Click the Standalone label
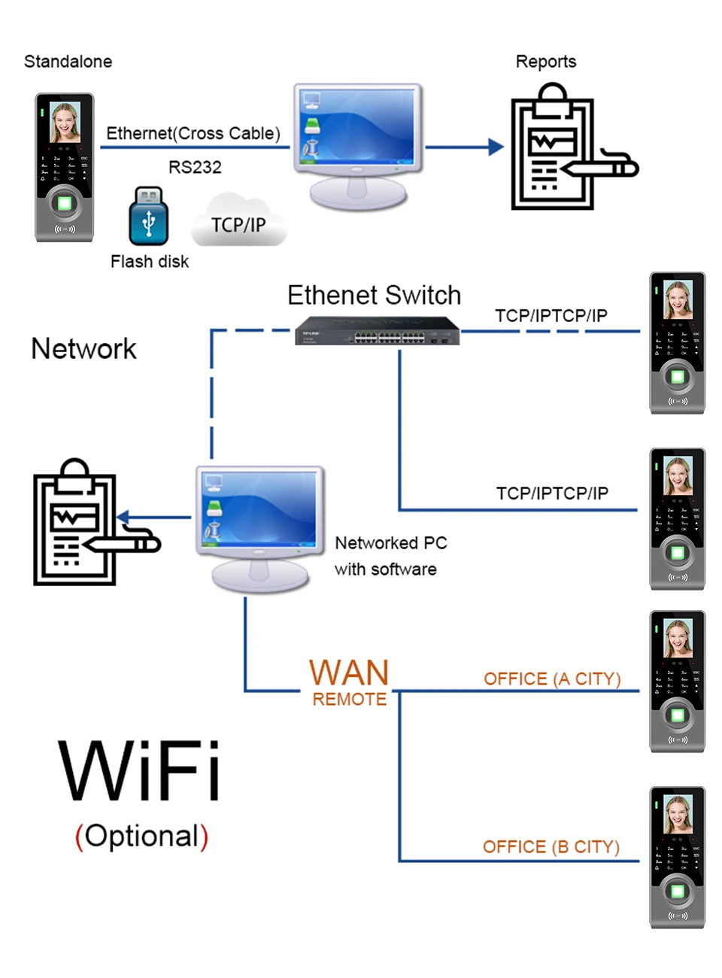click(x=68, y=62)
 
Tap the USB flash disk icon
click(x=148, y=217)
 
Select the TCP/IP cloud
click(x=238, y=221)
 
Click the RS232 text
click(x=195, y=167)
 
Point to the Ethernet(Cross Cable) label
click(x=193, y=133)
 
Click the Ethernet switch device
click(x=377, y=331)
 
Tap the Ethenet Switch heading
click(x=374, y=295)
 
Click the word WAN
click(x=349, y=672)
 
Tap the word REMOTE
click(x=349, y=700)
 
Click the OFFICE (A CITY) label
click(x=552, y=679)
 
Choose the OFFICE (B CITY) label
click(x=551, y=847)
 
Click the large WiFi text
click(x=140, y=771)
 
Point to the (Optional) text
click(x=141, y=836)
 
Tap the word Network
click(x=83, y=349)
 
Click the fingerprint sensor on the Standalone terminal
click(x=64, y=203)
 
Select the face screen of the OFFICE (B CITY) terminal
click(x=678, y=814)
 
